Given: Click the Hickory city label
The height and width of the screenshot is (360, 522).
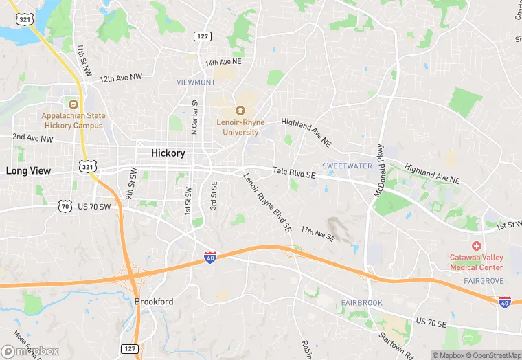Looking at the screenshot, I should click(x=168, y=153).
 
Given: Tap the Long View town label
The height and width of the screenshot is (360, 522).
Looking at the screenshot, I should click(x=28, y=170).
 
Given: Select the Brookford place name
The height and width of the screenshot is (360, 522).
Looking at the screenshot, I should click(x=153, y=302).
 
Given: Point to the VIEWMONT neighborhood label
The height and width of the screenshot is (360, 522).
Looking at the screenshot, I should click(x=196, y=82).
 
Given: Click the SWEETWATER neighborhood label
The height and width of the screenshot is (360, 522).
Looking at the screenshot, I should click(x=347, y=166).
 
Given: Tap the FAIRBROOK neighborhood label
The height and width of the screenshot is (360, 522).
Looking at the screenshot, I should click(x=361, y=303).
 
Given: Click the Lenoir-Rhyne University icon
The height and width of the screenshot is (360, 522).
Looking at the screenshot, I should click(x=240, y=110).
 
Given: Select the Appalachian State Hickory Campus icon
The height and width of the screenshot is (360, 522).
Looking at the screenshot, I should click(x=73, y=104).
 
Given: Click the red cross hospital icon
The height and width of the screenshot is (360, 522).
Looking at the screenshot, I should click(x=476, y=246).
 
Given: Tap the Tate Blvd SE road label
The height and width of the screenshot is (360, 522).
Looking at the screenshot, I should click(x=293, y=175).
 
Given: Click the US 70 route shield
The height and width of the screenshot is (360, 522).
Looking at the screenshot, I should click(x=65, y=205).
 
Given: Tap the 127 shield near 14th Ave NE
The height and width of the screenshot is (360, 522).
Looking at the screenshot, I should click(x=202, y=36).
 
